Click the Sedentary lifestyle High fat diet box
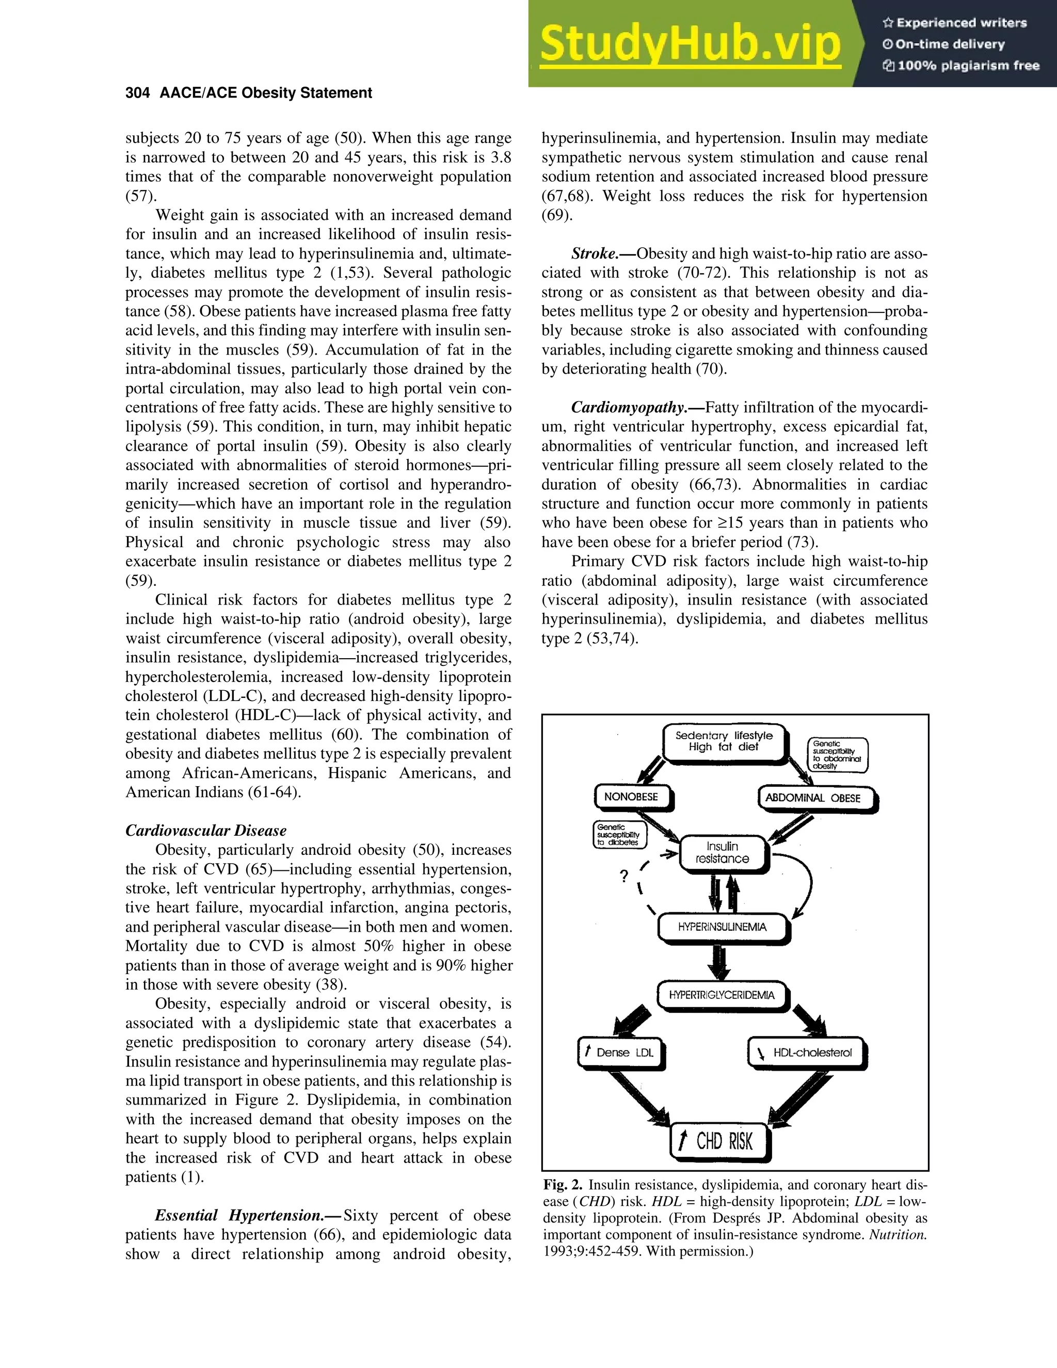[724, 742]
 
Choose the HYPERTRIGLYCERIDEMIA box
[722, 995]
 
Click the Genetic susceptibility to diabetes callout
[619, 834]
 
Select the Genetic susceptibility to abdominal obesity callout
[837, 755]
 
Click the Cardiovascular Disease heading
[205, 831]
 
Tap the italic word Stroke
[594, 253]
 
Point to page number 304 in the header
[137, 93]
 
